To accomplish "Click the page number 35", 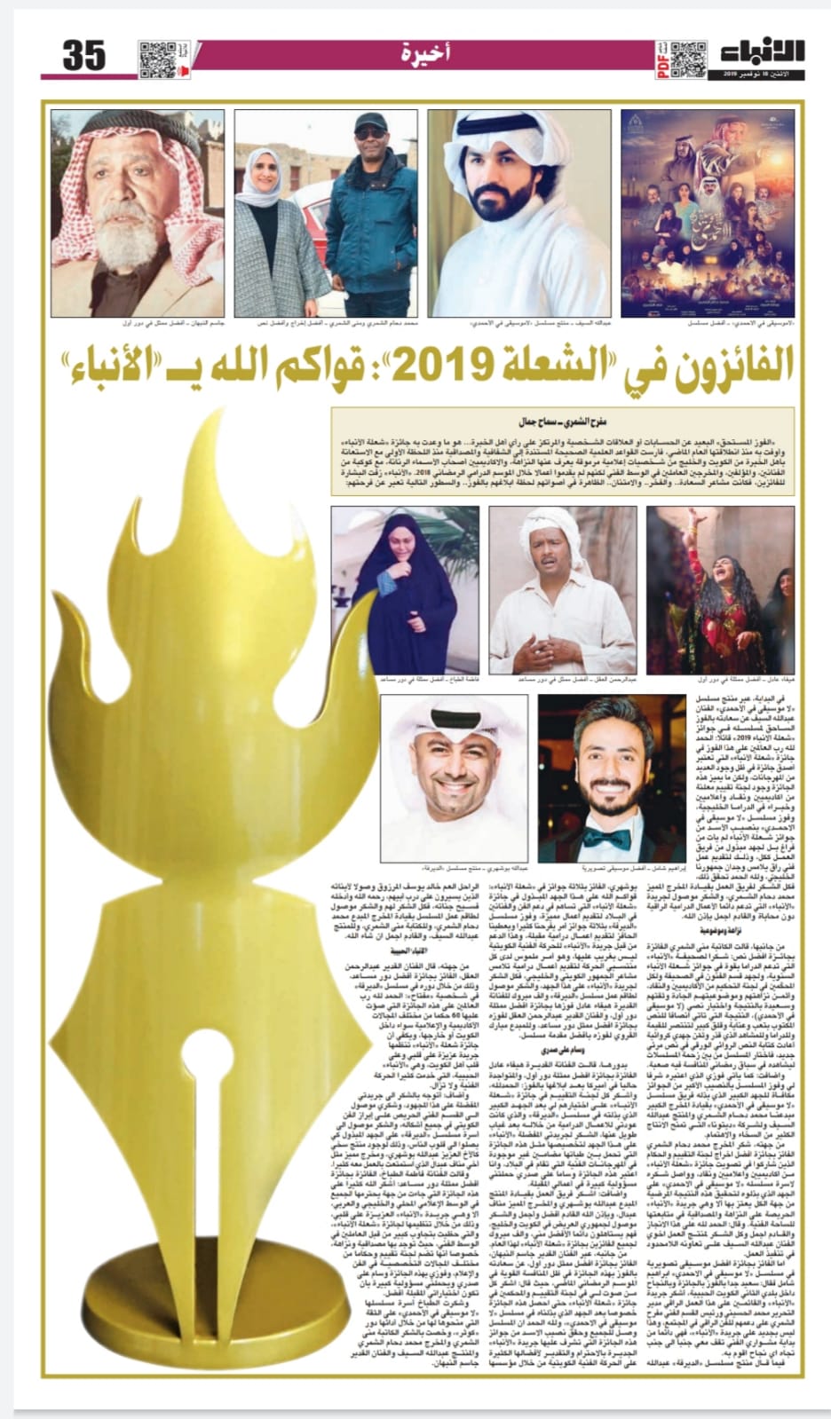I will coord(85,56).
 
